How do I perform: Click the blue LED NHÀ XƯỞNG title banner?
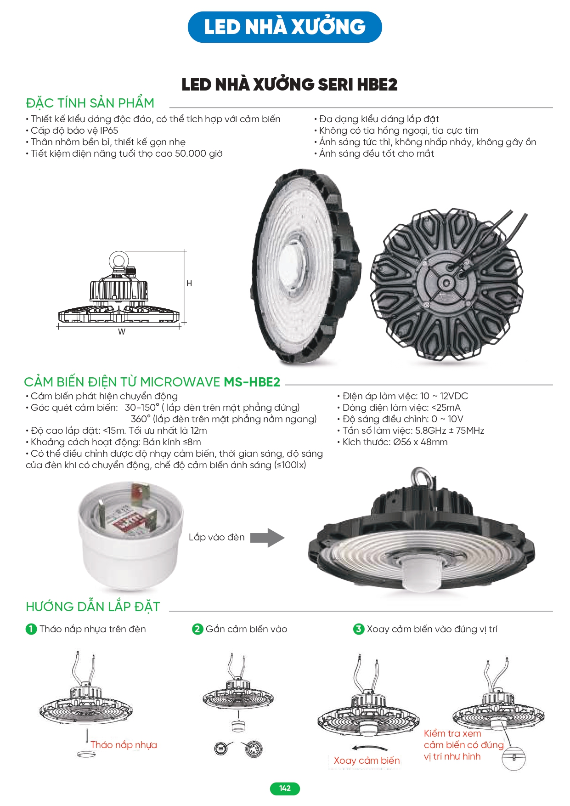pos(285,27)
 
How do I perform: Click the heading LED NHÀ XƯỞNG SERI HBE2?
pos(289,85)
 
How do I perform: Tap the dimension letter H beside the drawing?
pos(189,284)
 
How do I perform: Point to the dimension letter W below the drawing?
pos(122,332)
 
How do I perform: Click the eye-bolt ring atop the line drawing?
pos(118,261)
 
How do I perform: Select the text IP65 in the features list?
pos(109,131)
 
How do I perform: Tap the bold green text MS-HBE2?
pos(252,382)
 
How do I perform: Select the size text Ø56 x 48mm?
pos(420,442)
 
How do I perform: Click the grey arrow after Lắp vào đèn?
pos(267,538)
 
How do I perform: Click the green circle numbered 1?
pos(31,629)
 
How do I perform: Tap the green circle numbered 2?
pos(198,629)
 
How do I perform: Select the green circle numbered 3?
pos(359,629)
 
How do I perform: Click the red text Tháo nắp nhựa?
pos(124,745)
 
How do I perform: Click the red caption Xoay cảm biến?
pos(367,761)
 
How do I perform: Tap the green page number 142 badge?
pos(285,789)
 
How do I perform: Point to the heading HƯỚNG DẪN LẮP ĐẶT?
pos(93,607)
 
